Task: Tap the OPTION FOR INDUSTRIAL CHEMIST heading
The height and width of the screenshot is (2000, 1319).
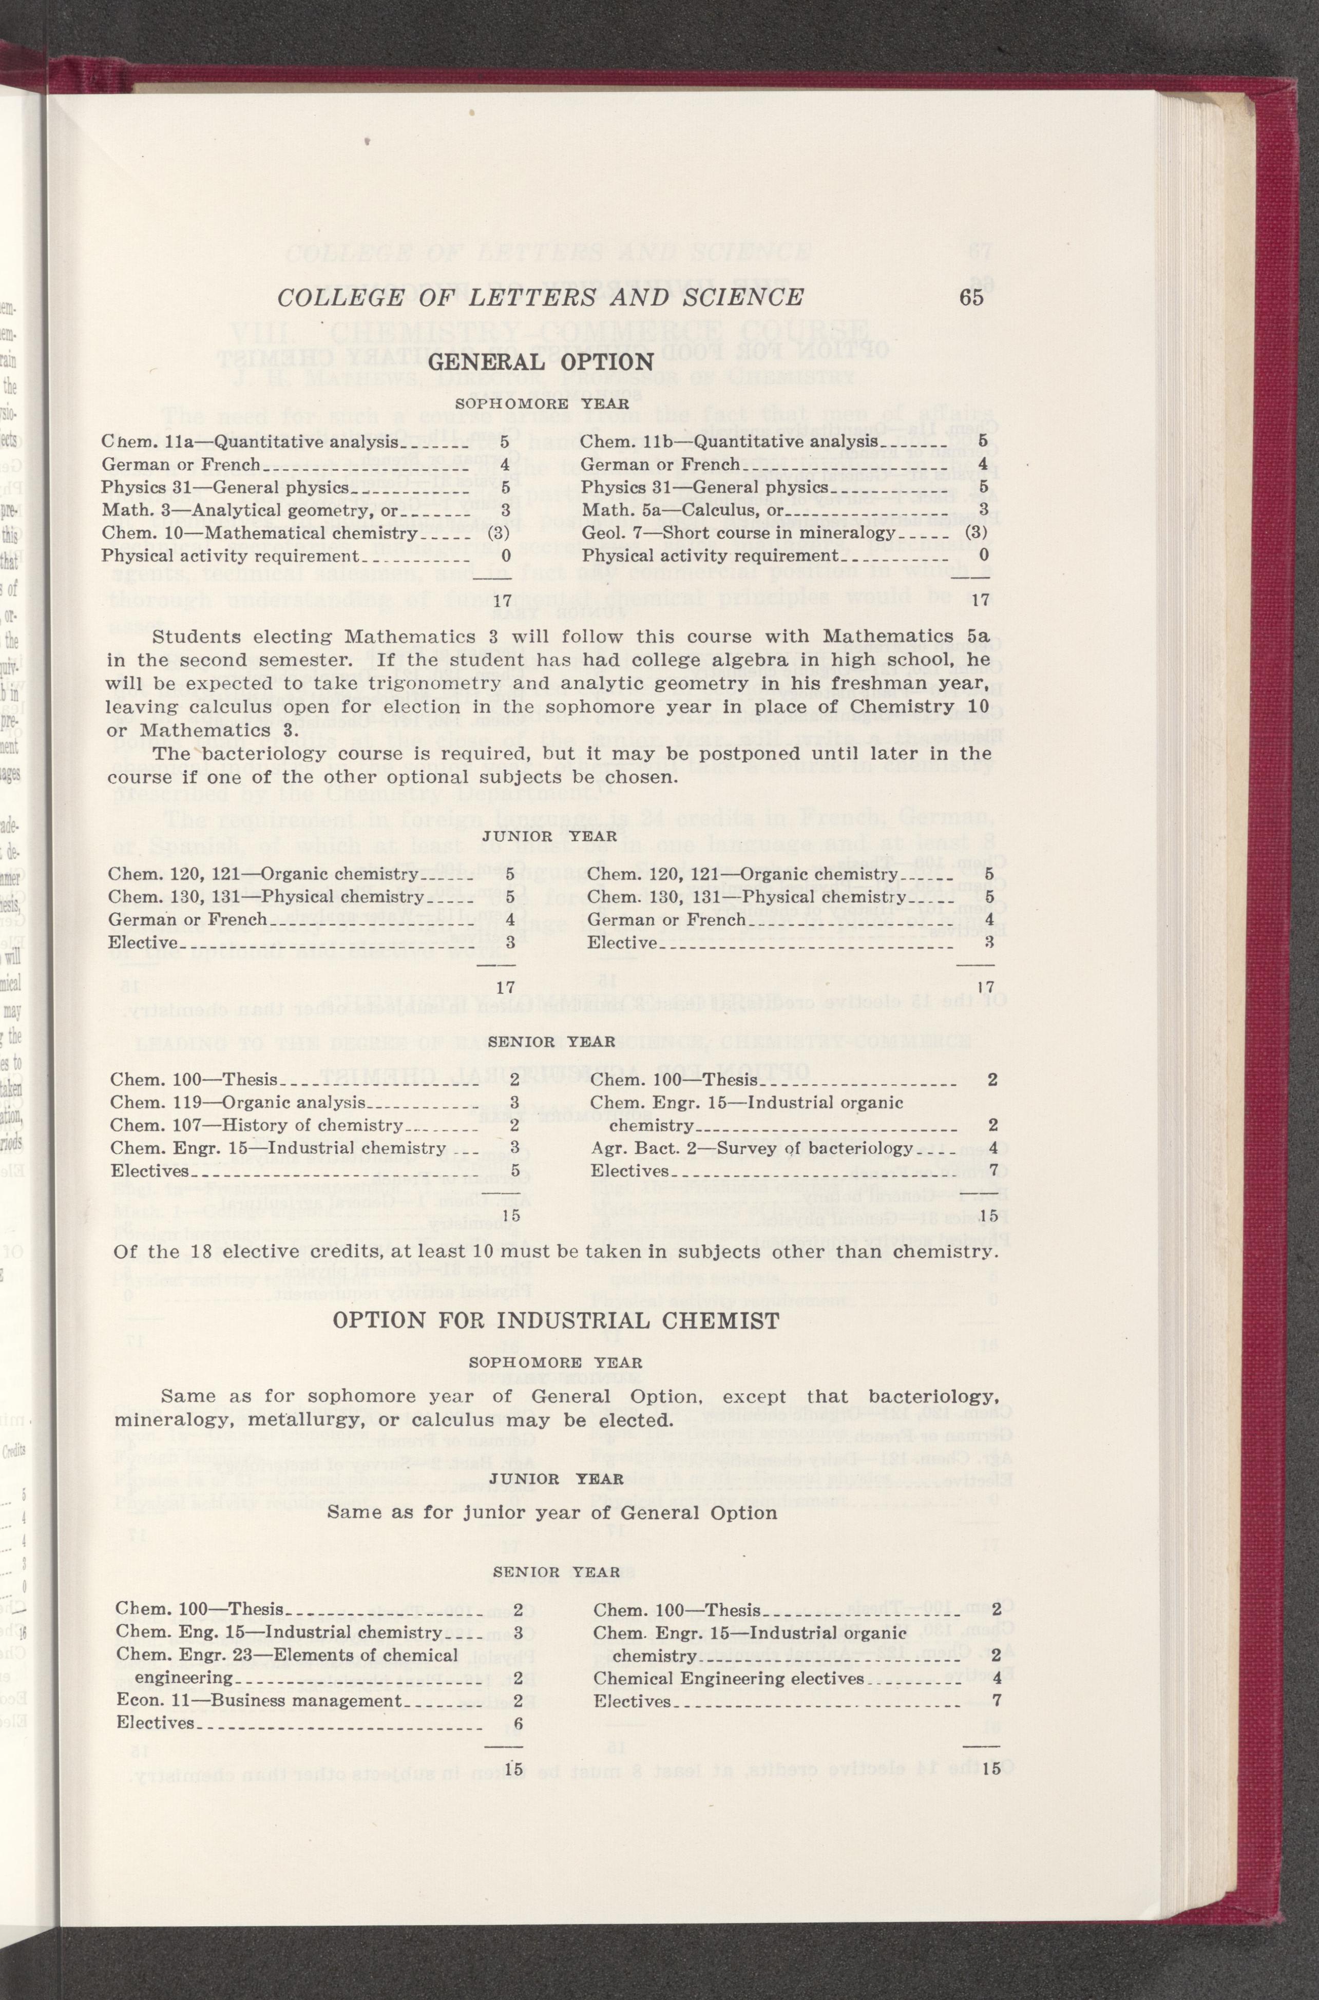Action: tap(555, 1320)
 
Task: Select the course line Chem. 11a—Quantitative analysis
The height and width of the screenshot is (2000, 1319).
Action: tap(250, 441)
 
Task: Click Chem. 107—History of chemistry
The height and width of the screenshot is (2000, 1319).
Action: tap(257, 1125)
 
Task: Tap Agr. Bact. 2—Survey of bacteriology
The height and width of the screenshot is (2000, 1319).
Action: tap(751, 1148)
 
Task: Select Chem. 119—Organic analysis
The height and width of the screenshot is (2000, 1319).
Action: tap(239, 1103)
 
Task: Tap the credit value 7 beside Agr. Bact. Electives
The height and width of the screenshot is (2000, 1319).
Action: tap(993, 1171)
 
